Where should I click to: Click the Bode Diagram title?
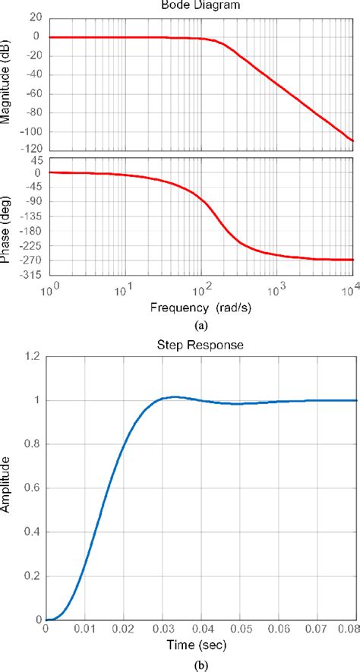point(201,5)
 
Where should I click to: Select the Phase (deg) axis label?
point(7,217)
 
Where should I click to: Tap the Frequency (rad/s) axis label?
point(201,309)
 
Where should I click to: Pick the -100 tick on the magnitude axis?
point(30,132)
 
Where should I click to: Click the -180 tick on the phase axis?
point(30,231)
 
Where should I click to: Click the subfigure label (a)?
point(201,324)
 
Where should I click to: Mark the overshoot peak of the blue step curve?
point(175,396)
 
